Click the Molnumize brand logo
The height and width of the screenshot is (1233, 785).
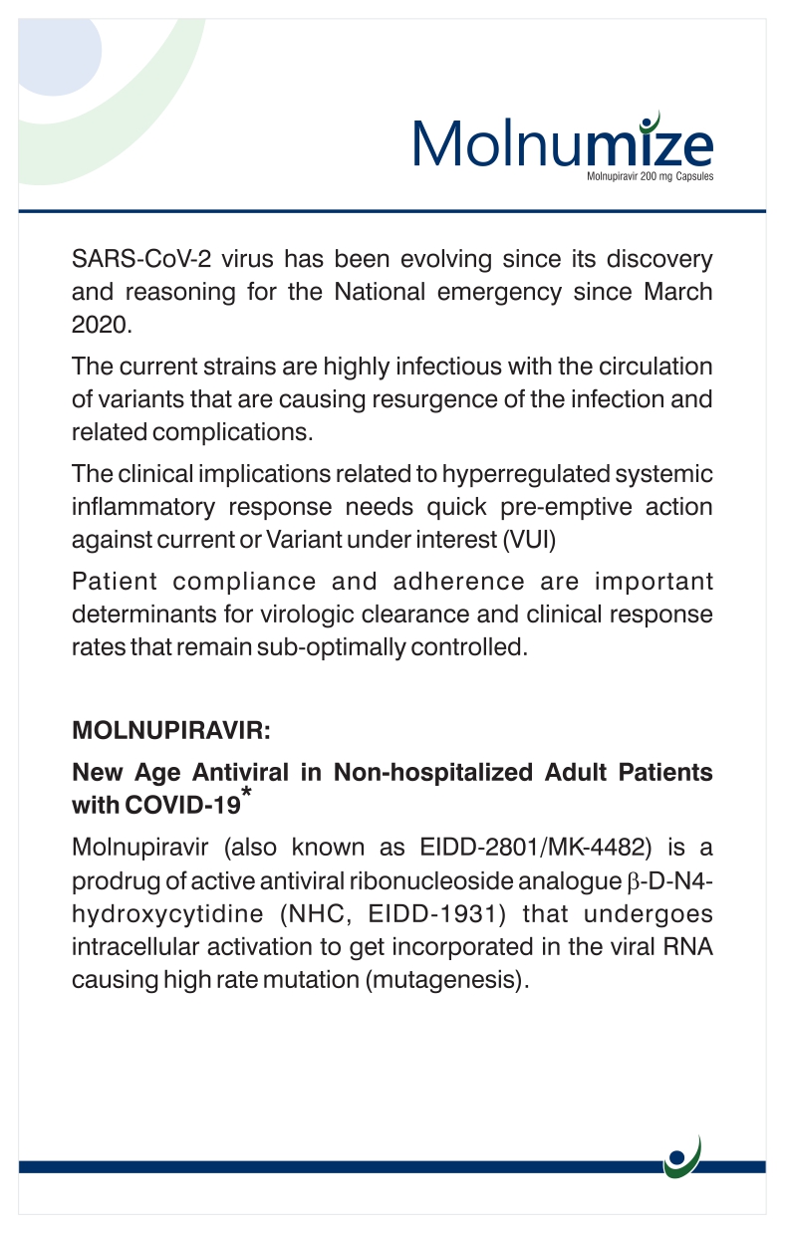coord(563,144)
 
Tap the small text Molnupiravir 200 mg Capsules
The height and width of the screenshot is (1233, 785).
coord(651,176)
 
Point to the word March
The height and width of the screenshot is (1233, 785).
coord(678,293)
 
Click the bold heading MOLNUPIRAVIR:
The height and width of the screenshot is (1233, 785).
coord(171,730)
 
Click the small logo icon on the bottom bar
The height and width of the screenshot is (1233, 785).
coord(682,1157)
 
